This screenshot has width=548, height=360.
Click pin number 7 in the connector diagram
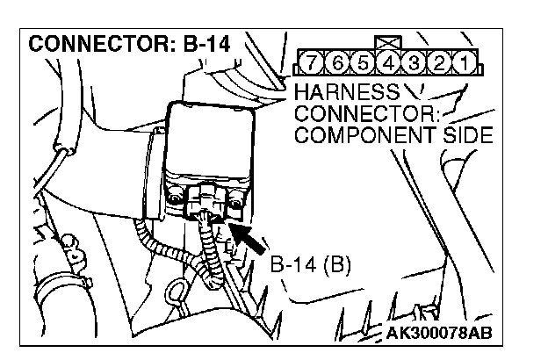pos(308,64)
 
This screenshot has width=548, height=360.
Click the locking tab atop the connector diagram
pos(384,43)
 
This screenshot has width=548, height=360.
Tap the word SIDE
pos(469,137)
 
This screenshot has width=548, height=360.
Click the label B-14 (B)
pos(310,263)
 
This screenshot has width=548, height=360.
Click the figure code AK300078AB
pos(438,334)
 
